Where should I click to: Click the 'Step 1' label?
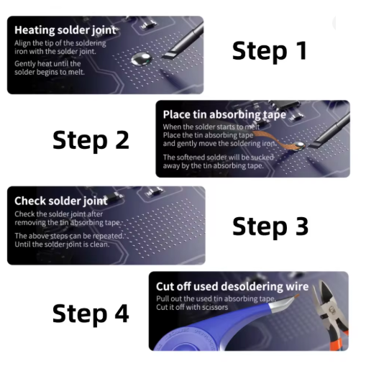270,51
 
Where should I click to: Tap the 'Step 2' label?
91,140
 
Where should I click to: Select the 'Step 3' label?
270,227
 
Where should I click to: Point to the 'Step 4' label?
91,314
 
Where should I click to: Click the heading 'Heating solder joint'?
65,30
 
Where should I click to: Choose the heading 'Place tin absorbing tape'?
224,115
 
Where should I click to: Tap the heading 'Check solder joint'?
61,201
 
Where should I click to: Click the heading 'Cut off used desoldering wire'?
232,286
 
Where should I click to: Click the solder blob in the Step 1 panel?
142,59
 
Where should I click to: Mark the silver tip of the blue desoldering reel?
283,301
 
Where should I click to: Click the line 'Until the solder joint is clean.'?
62,244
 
